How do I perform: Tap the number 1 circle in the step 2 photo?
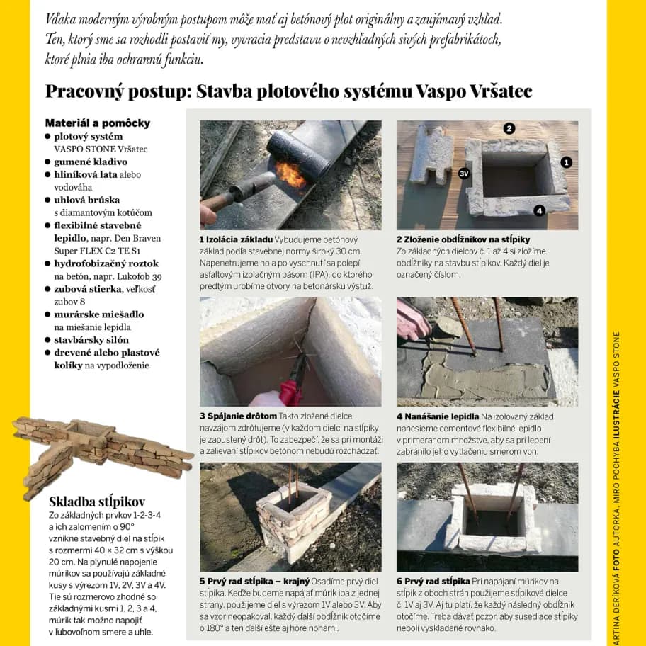point(566,162)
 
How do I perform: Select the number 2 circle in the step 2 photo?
point(509,128)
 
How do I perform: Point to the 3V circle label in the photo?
point(465,172)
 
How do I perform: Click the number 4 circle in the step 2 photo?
point(539,210)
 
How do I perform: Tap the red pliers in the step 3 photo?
point(289,389)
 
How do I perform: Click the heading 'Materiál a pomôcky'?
point(97,123)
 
